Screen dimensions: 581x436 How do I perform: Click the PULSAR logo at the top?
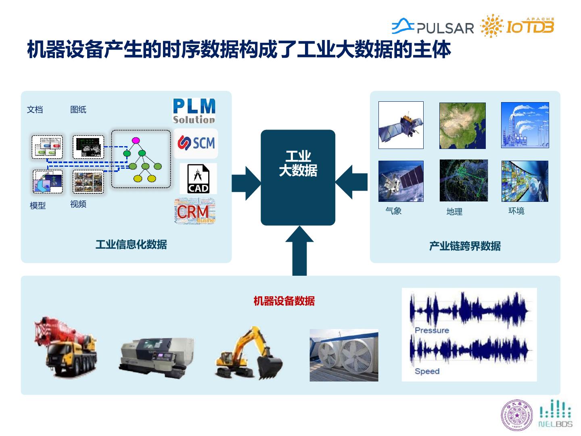point(433,27)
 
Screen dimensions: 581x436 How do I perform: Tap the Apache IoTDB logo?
point(518,26)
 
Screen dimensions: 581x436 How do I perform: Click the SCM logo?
point(196,143)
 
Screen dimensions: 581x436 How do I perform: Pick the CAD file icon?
point(198,178)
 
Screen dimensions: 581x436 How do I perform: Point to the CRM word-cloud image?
point(195,211)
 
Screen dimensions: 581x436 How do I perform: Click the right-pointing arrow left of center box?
point(246,183)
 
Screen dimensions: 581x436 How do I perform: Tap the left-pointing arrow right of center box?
point(351,182)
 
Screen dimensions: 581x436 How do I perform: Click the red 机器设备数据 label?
point(284,301)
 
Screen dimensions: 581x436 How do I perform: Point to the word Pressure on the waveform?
point(432,330)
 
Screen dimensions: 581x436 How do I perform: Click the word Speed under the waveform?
point(427,371)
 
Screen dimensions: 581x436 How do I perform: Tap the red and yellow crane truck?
point(66,346)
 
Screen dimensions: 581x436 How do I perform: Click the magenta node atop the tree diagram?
point(136,140)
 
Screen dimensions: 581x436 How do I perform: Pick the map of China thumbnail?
point(462,126)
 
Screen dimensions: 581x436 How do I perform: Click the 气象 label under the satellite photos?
point(393,211)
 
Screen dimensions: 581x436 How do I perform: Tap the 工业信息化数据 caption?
point(131,245)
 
